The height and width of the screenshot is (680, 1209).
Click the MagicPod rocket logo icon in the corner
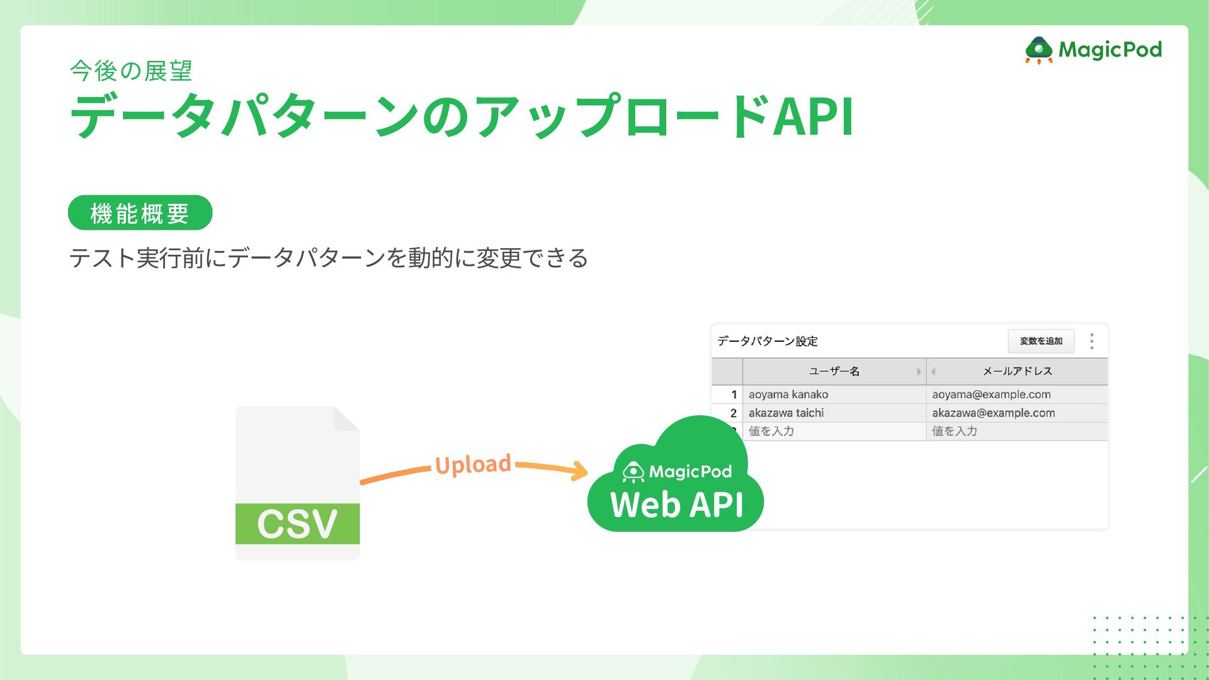[x=1039, y=50]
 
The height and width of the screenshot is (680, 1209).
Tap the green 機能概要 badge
[x=140, y=213]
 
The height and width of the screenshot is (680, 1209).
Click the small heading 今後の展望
[x=131, y=71]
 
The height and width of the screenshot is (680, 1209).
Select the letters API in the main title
[x=813, y=116]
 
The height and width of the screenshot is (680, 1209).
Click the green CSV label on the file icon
[x=297, y=523]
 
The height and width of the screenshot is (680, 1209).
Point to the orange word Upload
[x=473, y=465]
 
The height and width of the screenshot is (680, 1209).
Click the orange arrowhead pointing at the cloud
[x=578, y=470]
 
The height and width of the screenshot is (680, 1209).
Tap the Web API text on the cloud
[x=676, y=505]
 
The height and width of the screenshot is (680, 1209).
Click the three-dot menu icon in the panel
[x=1092, y=341]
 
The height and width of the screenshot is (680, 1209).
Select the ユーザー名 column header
[x=834, y=371]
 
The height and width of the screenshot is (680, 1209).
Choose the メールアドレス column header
[x=1017, y=371]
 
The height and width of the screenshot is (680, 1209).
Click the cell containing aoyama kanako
[x=788, y=395]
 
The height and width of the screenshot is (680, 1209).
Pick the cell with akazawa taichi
[x=786, y=413]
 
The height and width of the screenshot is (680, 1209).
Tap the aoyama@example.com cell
[x=991, y=395]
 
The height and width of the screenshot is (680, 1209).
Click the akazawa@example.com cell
[x=993, y=413]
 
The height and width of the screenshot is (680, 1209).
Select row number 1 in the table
[x=734, y=395]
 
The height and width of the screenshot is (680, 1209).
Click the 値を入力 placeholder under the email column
[x=955, y=431]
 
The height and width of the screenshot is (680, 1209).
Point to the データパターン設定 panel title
[x=767, y=341]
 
